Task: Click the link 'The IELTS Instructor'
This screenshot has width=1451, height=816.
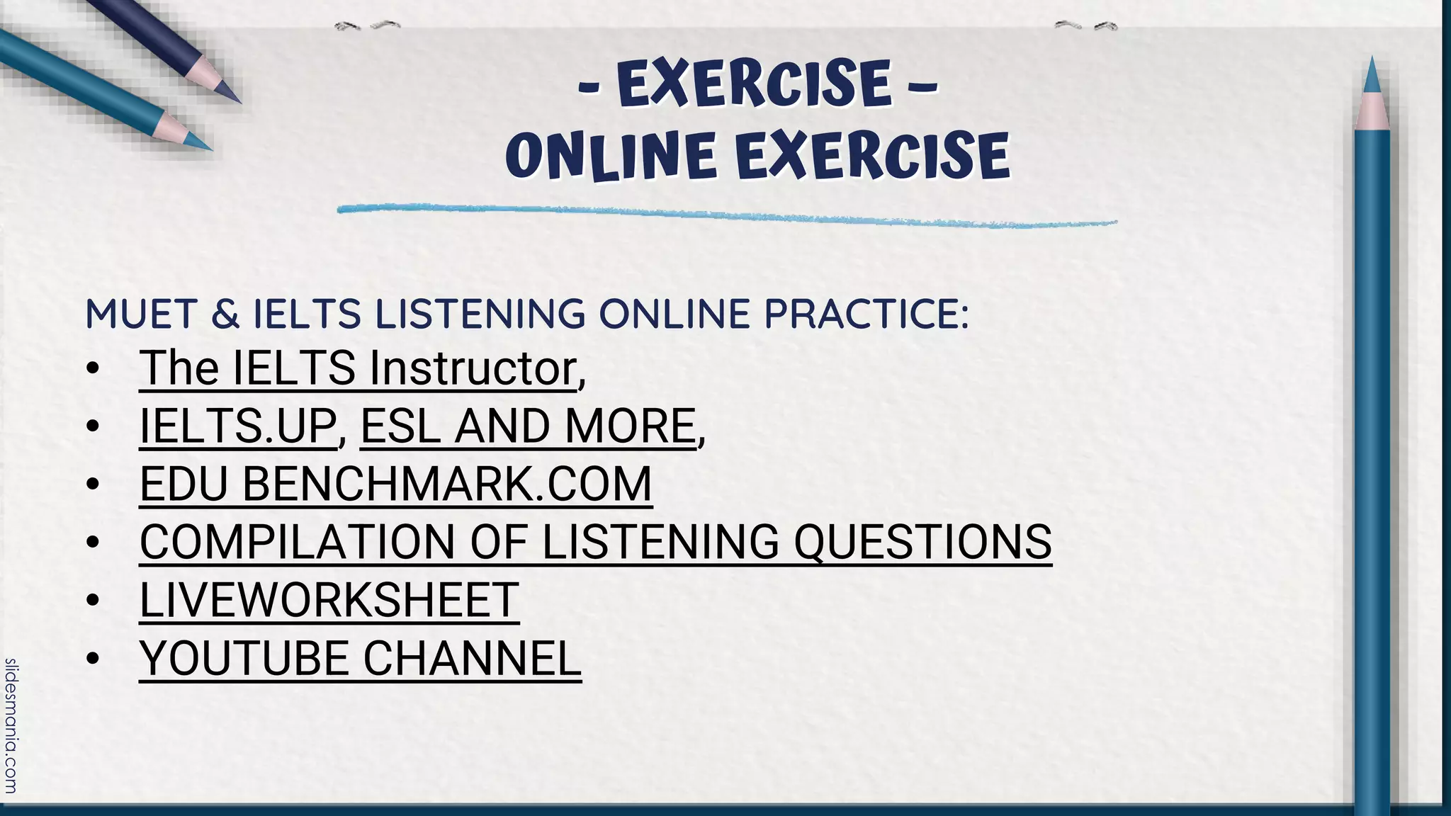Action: tap(358, 368)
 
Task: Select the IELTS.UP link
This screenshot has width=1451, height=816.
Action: tap(237, 426)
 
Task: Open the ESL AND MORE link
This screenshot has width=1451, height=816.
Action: tap(528, 426)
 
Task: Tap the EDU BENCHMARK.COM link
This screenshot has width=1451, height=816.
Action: tap(395, 484)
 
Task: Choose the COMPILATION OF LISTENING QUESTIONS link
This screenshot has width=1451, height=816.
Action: tap(595, 543)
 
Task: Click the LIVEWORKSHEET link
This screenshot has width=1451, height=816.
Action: tap(329, 601)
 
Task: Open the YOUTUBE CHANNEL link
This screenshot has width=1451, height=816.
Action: tap(360, 659)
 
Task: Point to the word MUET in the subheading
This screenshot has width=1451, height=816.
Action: tap(141, 314)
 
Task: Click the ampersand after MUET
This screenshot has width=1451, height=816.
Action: tap(225, 314)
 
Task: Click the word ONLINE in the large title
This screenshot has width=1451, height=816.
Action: tap(611, 157)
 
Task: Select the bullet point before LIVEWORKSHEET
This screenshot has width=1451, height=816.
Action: tap(92, 601)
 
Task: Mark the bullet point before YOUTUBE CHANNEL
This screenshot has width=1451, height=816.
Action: tap(92, 659)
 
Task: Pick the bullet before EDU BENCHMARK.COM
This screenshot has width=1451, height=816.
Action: tap(92, 484)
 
